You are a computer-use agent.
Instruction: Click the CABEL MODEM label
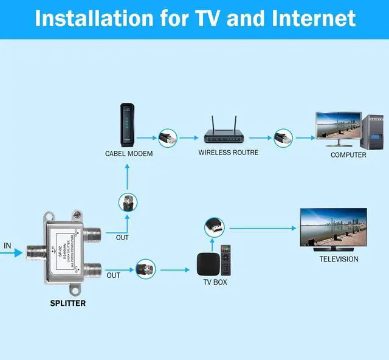tap(129, 154)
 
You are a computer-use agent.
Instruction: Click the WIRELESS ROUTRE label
tap(228, 152)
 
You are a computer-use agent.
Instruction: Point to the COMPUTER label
tap(348, 155)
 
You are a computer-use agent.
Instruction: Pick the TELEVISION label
tap(339, 259)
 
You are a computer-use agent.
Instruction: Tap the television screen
tap(333, 227)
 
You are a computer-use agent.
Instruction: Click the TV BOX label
tap(215, 282)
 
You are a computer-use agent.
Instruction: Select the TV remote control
tap(225, 260)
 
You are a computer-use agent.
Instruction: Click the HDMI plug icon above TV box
tap(213, 229)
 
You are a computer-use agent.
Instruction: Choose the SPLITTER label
tap(67, 303)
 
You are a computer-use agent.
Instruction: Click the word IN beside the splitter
tap(8, 246)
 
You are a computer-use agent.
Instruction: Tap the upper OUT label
tap(123, 237)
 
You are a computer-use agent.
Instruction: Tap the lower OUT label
tap(114, 275)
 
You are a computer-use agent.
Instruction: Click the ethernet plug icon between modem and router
tap(167, 137)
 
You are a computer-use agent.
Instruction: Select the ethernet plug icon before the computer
tap(283, 137)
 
